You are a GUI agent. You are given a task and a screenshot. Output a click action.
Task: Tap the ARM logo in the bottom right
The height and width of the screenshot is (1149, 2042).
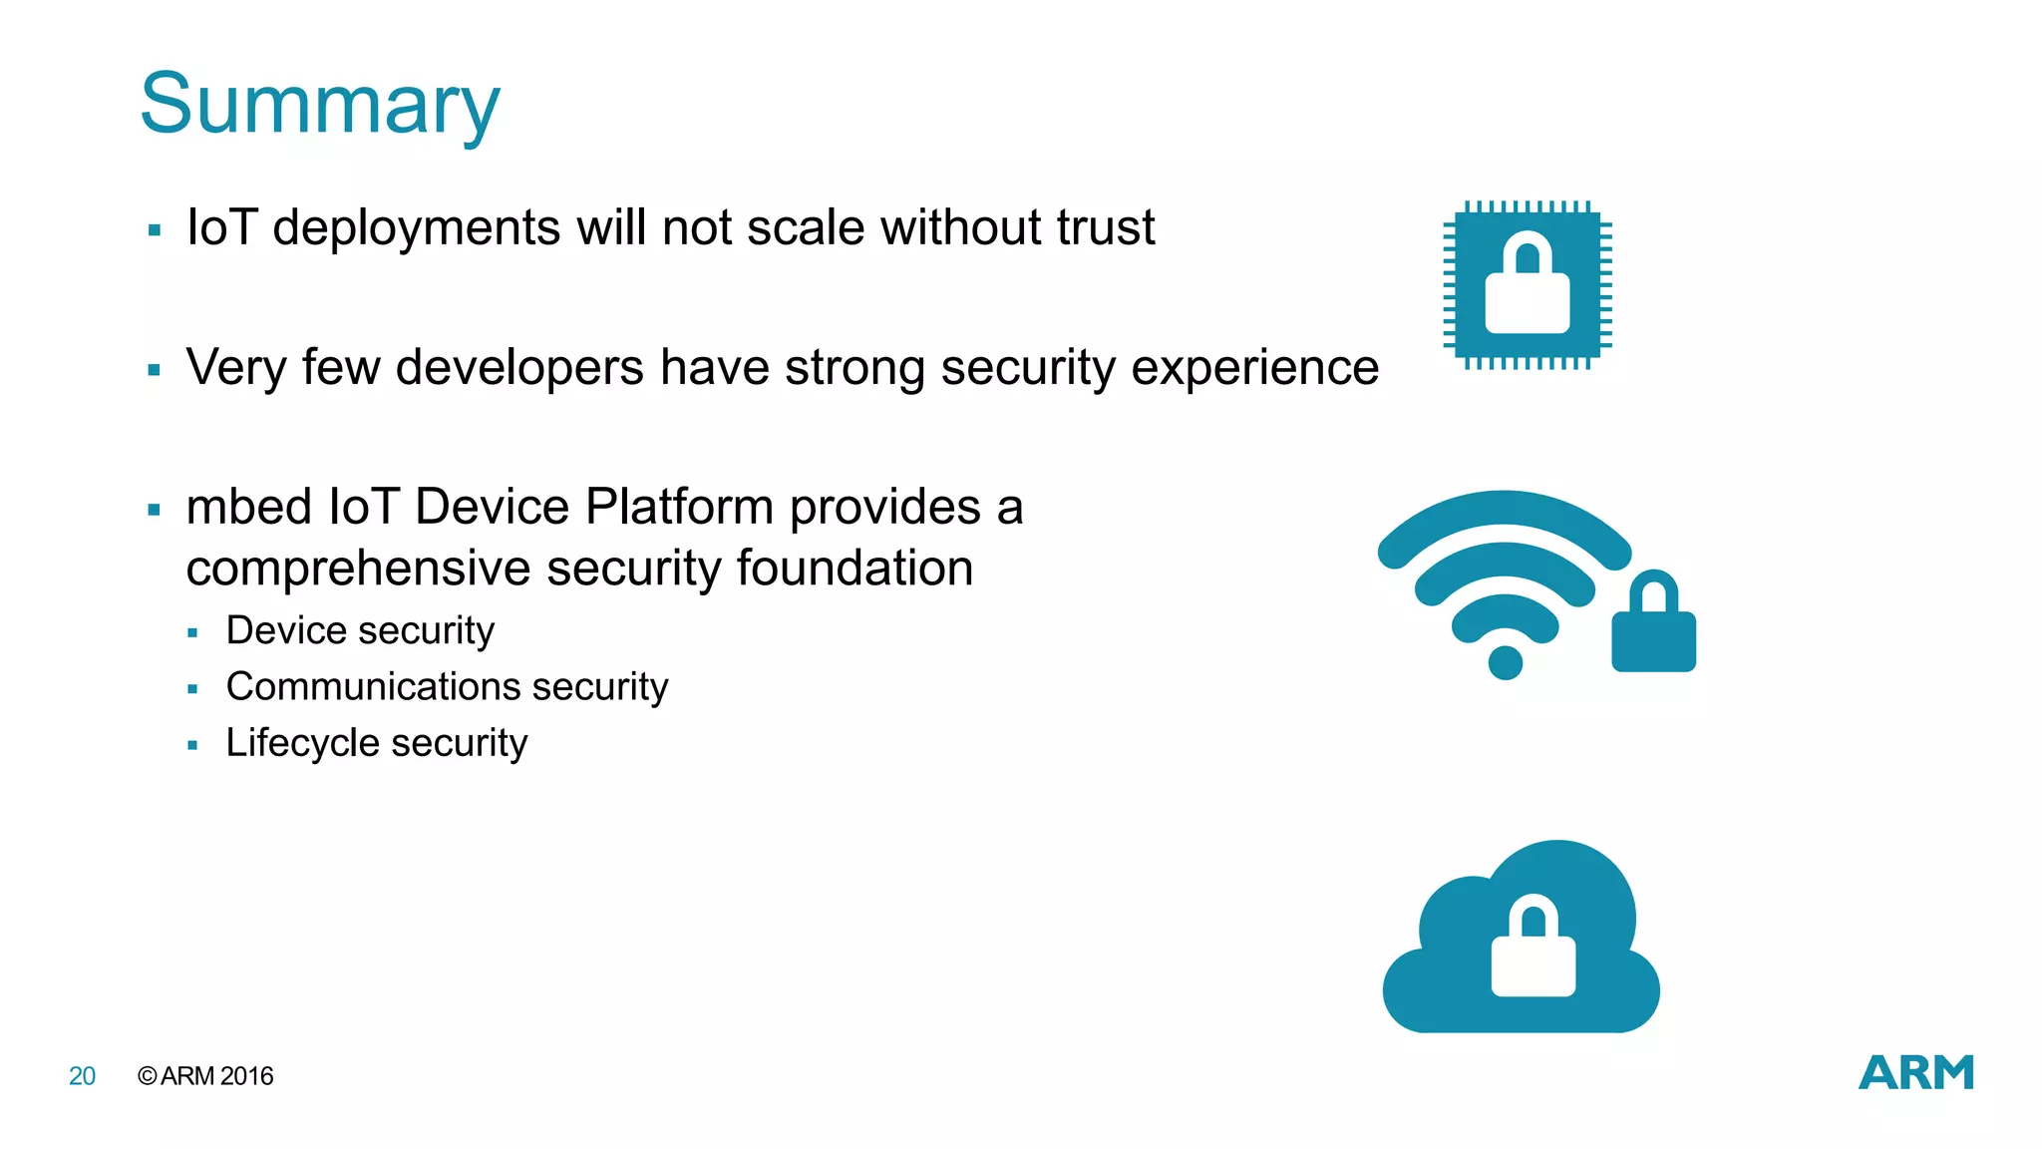[1915, 1073]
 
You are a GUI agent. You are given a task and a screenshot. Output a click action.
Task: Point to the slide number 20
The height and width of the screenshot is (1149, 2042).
[82, 1076]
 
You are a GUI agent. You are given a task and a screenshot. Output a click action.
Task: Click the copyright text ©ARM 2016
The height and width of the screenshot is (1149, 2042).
[205, 1076]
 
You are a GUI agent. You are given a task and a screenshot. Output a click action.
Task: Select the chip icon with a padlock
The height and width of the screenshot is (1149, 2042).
[1527, 285]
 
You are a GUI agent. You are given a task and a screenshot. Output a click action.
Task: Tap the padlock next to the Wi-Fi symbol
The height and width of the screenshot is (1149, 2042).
[1653, 623]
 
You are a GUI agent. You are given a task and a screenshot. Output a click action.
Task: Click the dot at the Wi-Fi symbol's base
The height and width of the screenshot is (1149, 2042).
[1505, 662]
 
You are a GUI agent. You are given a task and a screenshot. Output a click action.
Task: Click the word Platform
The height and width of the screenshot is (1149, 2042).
[679, 507]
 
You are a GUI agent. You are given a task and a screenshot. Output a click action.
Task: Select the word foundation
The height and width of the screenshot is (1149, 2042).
[854, 569]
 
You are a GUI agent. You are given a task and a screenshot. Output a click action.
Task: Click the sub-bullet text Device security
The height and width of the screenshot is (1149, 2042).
[360, 630]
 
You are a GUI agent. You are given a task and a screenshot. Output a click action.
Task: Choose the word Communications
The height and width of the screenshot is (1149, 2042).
[373, 686]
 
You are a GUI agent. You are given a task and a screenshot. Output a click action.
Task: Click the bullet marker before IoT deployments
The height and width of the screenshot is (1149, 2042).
[154, 230]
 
